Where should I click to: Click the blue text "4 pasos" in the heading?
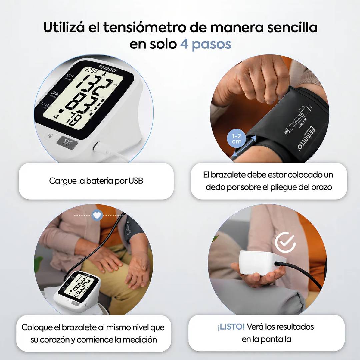click(x=206, y=44)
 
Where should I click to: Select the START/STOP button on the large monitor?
click(x=67, y=142)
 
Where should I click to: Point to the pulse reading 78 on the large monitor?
click(x=76, y=119)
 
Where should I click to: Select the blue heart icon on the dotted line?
click(x=97, y=216)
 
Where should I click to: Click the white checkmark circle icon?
click(x=285, y=242)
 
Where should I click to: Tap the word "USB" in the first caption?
click(x=136, y=181)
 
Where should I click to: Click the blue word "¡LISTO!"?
click(x=231, y=327)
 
